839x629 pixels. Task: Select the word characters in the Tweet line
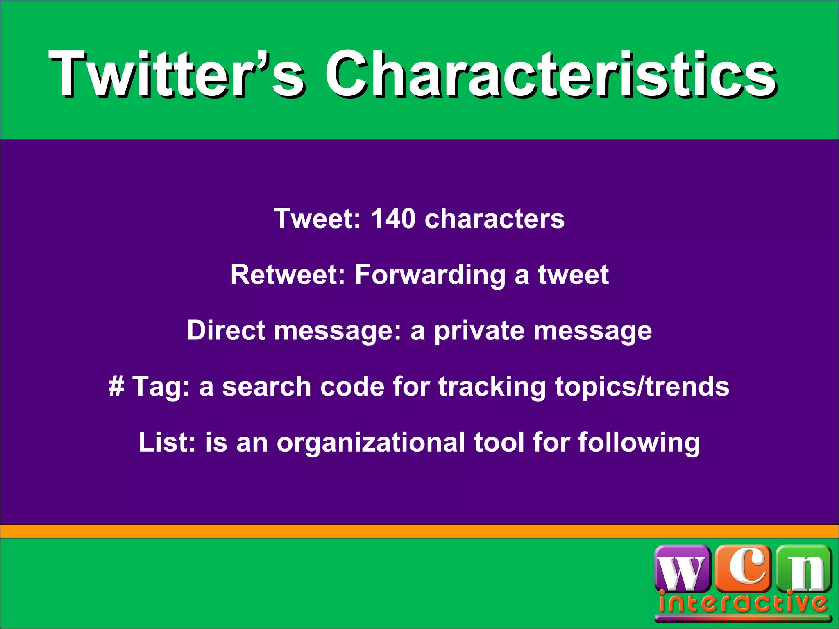pyautogui.click(x=494, y=219)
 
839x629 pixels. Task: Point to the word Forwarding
pyautogui.click(x=430, y=275)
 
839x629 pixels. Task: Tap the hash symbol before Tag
pyautogui.click(x=116, y=387)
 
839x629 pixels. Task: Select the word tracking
pyautogui.click(x=492, y=387)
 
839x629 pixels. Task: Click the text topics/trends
pyautogui.click(x=642, y=387)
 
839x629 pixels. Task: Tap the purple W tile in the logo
pyautogui.click(x=683, y=570)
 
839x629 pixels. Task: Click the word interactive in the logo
pyautogui.click(x=743, y=604)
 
